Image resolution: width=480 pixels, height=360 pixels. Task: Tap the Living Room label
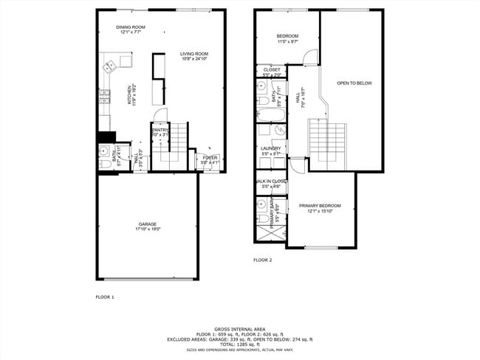tap(194, 53)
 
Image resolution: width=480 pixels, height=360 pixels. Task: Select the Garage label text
tap(148, 224)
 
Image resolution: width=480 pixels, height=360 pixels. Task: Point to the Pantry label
tap(160, 130)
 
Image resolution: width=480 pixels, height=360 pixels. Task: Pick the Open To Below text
tap(354, 83)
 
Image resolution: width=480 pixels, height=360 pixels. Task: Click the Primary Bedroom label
tap(320, 206)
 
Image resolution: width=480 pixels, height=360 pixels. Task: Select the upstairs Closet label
tap(271, 70)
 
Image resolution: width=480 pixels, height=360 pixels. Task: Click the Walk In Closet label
tap(271, 181)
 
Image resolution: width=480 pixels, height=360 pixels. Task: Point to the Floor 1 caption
tap(105, 297)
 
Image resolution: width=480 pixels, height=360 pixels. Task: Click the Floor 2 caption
tap(263, 260)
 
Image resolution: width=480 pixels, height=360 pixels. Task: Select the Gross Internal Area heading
tap(239, 329)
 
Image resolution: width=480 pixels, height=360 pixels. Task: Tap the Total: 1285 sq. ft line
tap(239, 345)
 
